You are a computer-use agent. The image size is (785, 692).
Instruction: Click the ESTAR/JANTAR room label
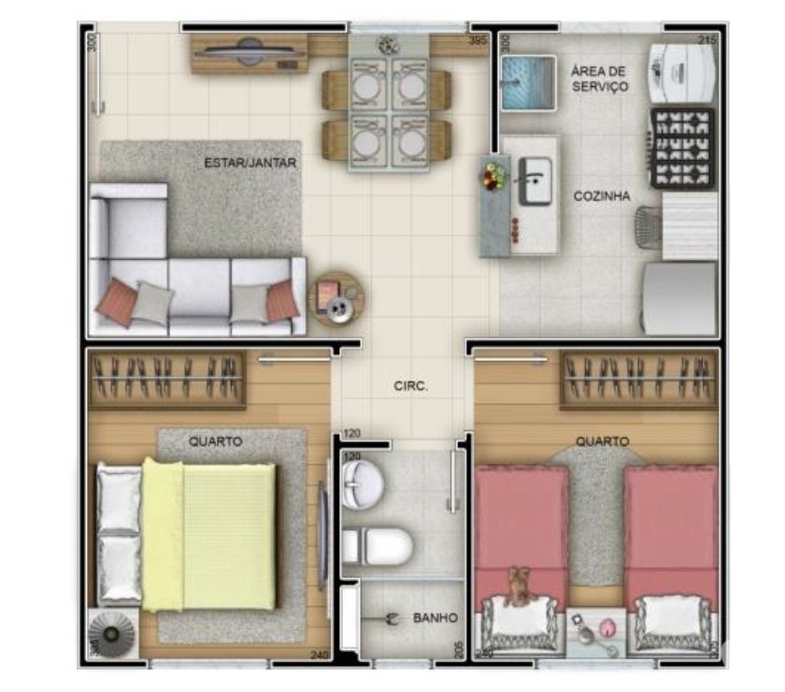click(x=250, y=163)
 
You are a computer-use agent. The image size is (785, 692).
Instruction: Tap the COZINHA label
click(x=602, y=196)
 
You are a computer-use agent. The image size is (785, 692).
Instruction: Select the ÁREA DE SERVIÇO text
click(x=599, y=79)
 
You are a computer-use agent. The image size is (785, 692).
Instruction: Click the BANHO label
click(x=435, y=618)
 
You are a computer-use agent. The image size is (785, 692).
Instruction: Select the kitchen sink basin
click(x=535, y=180)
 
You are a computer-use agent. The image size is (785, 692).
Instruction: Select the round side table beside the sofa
click(x=337, y=298)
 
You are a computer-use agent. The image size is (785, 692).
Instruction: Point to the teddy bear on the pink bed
click(x=517, y=586)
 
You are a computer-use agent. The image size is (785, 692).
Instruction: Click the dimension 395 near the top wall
click(x=478, y=41)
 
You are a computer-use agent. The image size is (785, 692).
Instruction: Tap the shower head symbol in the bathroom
click(x=392, y=618)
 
